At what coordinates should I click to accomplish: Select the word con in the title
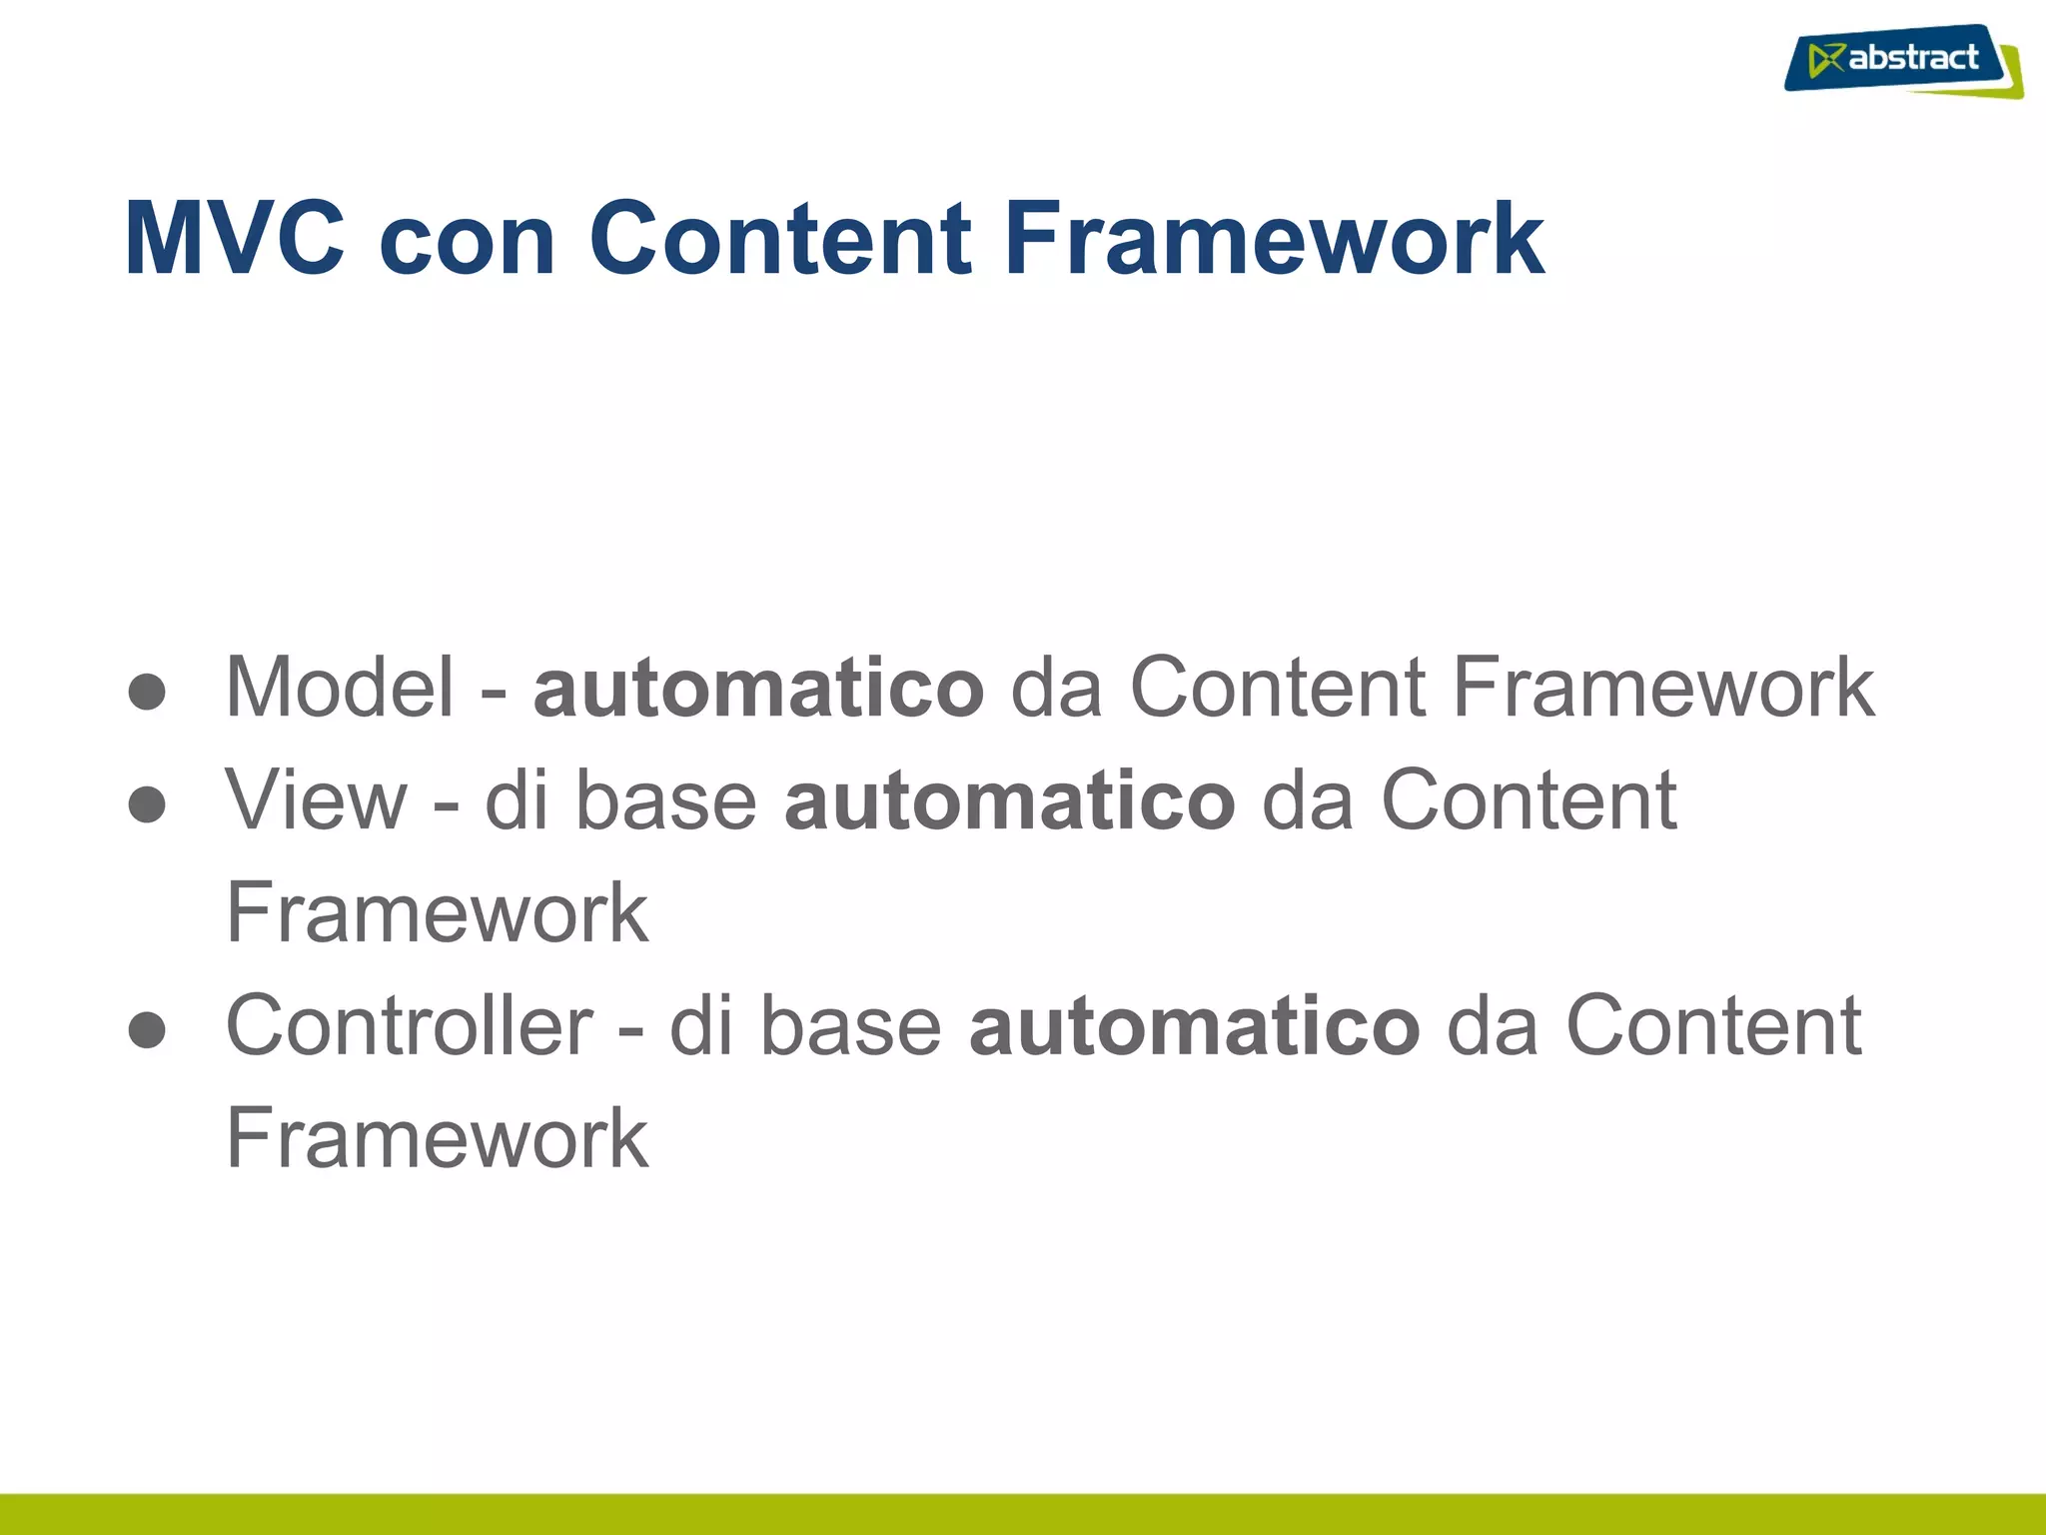(x=467, y=240)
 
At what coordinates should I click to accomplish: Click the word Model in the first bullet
(x=340, y=687)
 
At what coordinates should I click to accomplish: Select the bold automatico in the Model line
(x=758, y=687)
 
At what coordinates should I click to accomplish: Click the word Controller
(x=410, y=1025)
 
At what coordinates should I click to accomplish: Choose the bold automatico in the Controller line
(x=1194, y=1025)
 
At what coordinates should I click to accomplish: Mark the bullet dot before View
(x=147, y=804)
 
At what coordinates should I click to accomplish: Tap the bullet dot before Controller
(x=147, y=1030)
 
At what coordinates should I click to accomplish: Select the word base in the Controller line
(x=850, y=1025)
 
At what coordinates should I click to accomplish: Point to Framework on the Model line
(x=1663, y=687)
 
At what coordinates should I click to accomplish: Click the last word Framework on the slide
(x=438, y=1138)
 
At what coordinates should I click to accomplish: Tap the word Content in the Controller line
(x=1713, y=1025)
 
